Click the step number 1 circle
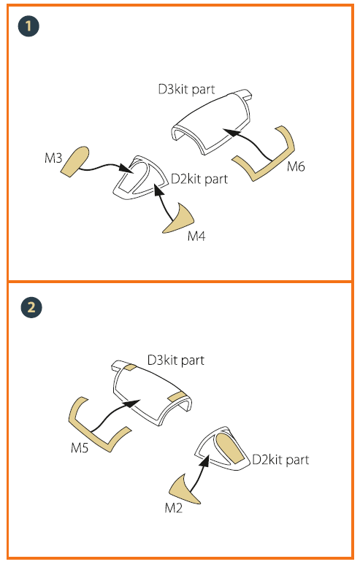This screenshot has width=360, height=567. coord(28,26)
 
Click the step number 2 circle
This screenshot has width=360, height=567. coord(31,308)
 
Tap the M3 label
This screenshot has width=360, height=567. coord(53,158)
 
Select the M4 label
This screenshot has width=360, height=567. coord(196,236)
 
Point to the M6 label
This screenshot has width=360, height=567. coord(296,166)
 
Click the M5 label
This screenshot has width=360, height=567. coord(80,448)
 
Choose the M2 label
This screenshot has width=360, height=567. coord(174,508)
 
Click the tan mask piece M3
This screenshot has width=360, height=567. coord(74,162)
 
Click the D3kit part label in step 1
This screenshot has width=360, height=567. coord(186,89)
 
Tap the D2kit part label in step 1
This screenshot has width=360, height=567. coord(199,179)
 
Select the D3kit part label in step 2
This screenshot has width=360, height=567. coord(176,360)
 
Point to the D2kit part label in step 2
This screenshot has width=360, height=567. coord(280,460)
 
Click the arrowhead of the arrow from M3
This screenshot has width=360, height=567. coord(125,168)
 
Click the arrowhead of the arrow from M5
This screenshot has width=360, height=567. coord(132,404)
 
